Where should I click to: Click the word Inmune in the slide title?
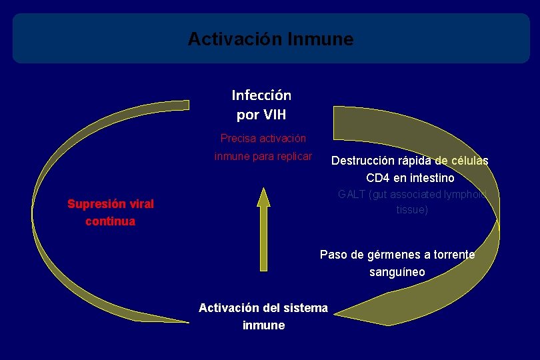(321, 39)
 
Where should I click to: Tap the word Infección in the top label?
(261, 95)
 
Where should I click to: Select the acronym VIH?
(275, 115)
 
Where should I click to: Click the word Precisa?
(238, 139)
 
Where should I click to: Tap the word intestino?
(431, 178)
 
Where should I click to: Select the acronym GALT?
(351, 195)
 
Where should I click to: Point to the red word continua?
(111, 221)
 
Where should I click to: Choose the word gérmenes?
(392, 255)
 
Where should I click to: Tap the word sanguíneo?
(397, 272)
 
